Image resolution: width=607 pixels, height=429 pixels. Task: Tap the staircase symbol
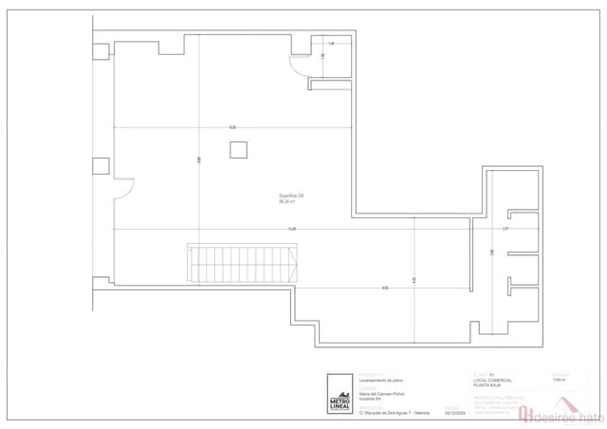click(x=243, y=263)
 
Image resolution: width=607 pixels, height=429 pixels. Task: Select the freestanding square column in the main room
click(x=238, y=149)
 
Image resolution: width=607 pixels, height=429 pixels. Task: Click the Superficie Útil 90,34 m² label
click(x=291, y=198)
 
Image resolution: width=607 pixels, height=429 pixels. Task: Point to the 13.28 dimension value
click(x=292, y=229)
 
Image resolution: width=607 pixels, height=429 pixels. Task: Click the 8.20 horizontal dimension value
click(x=232, y=127)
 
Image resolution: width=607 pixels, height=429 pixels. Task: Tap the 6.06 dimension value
click(x=384, y=288)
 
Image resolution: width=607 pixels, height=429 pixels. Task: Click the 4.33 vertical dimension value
click(x=414, y=280)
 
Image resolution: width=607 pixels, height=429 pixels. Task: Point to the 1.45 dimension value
click(x=331, y=44)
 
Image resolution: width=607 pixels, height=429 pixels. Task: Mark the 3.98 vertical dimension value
click(x=491, y=252)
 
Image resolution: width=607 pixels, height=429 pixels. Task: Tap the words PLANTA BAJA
click(x=487, y=384)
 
